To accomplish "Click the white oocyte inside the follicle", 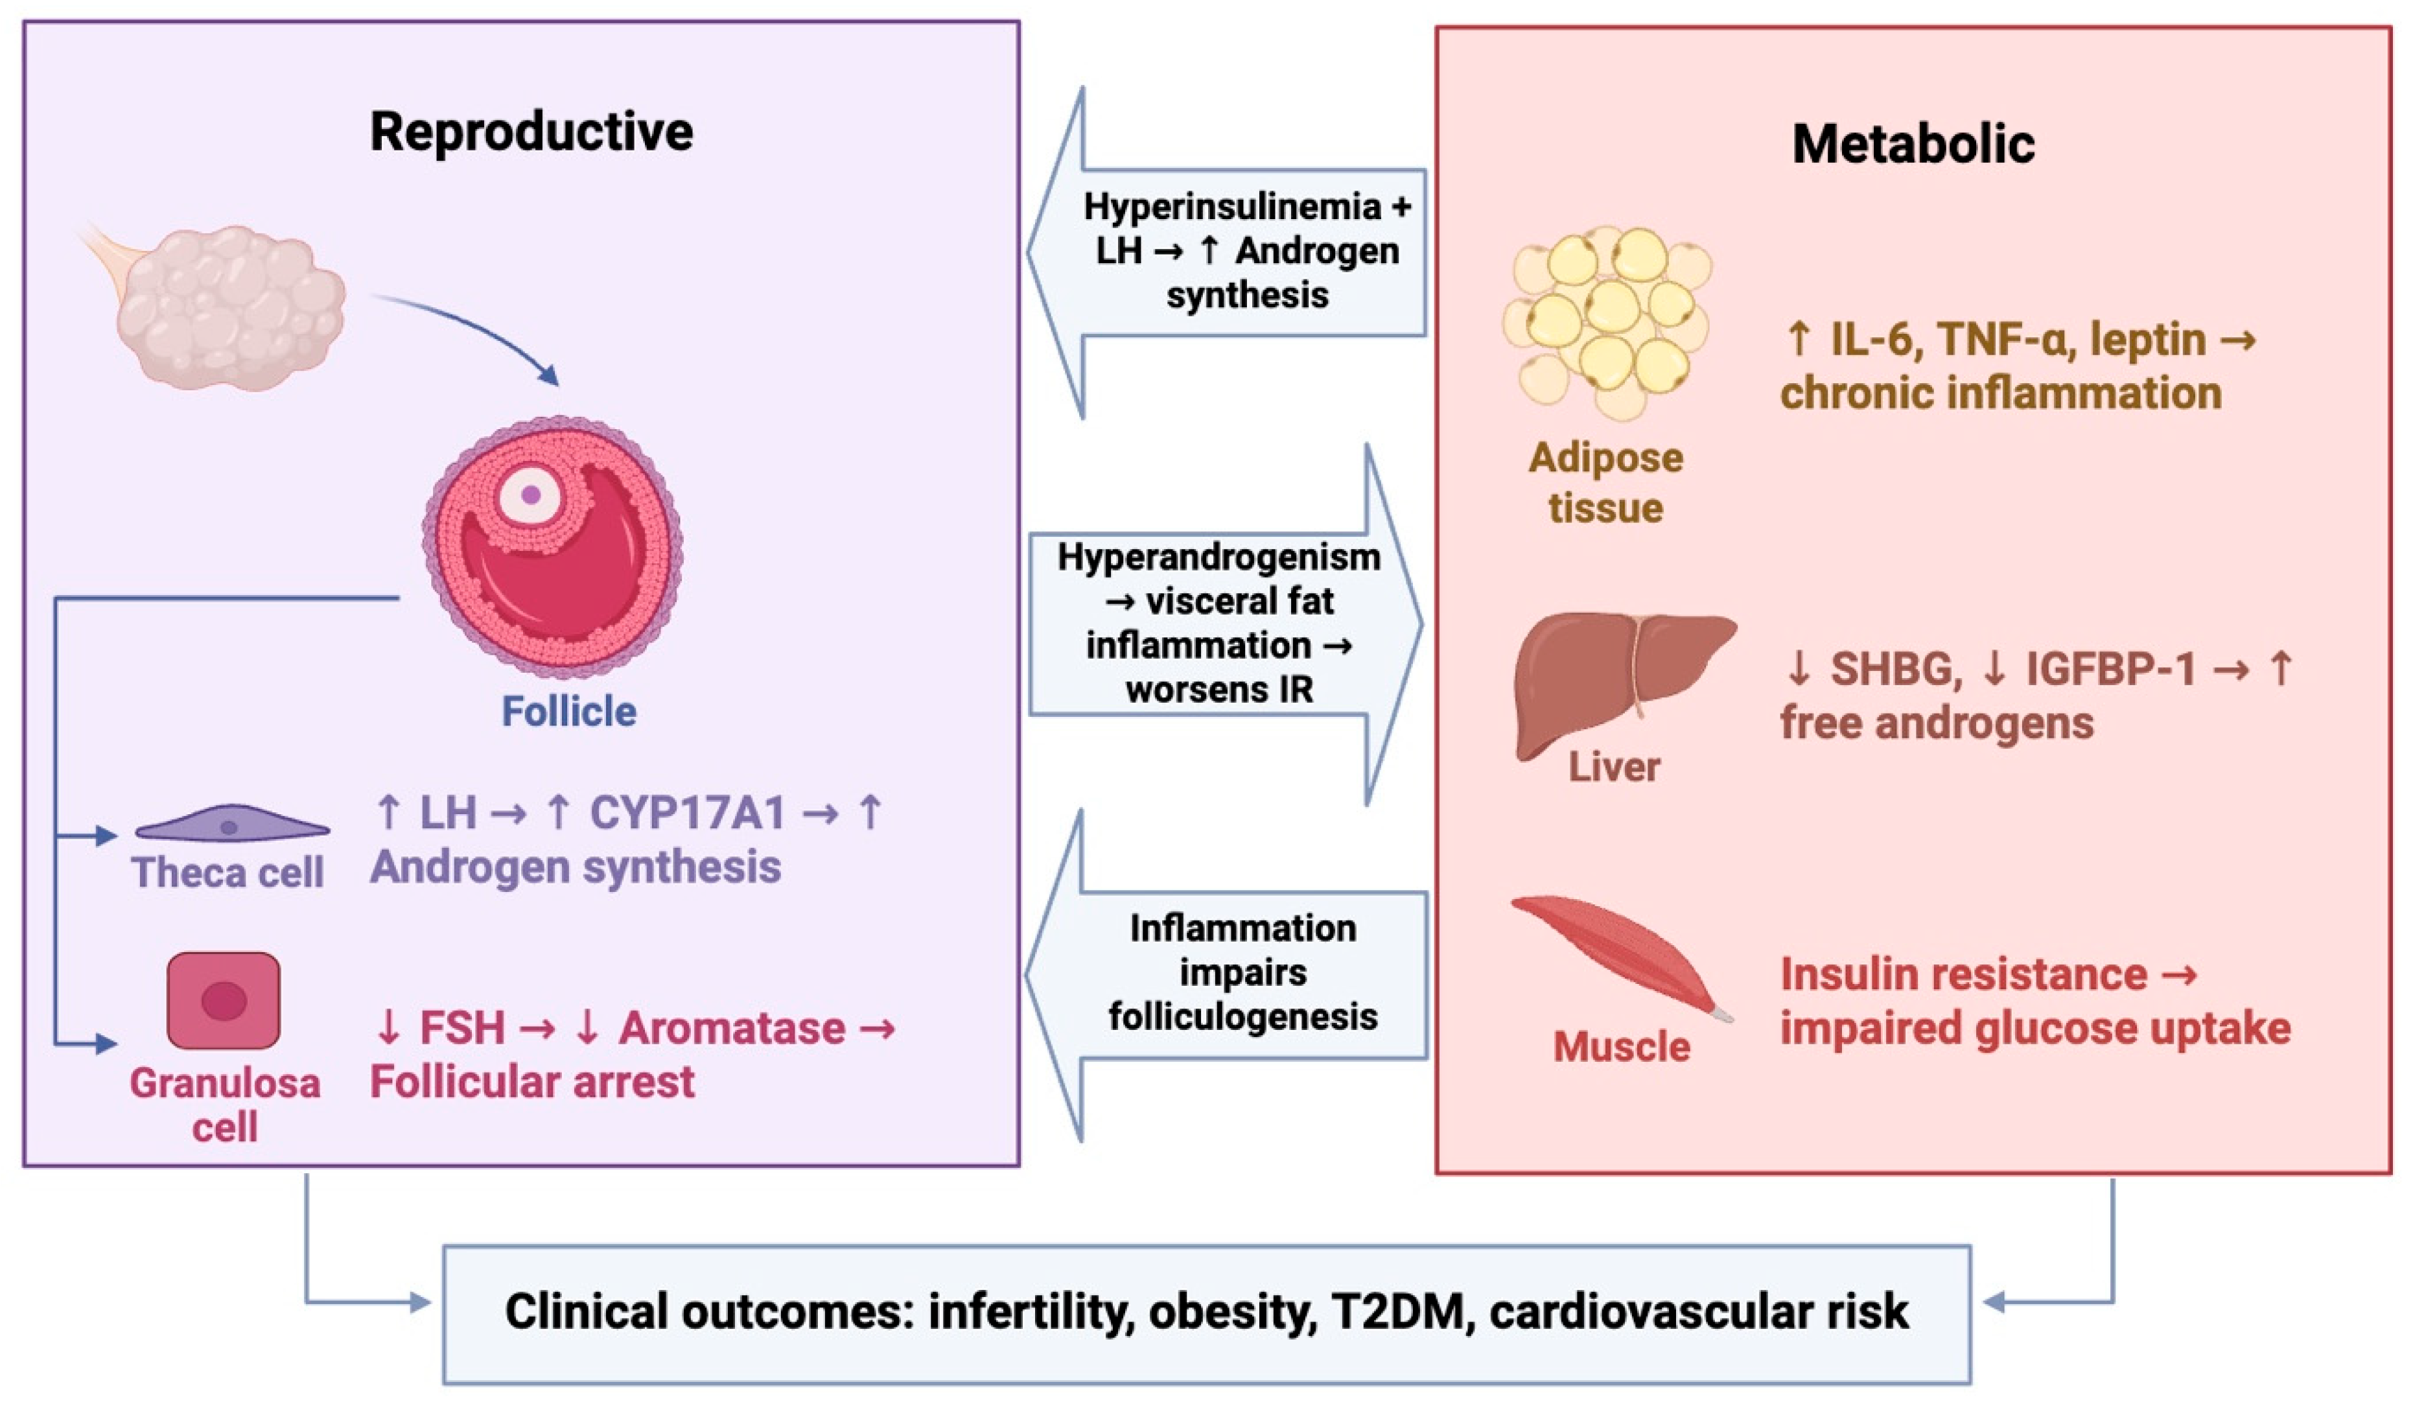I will click(530, 495).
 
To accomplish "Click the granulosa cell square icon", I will click(223, 1000).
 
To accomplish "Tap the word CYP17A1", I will click(688, 813).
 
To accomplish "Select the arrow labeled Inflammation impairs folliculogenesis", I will click(1242, 973).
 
